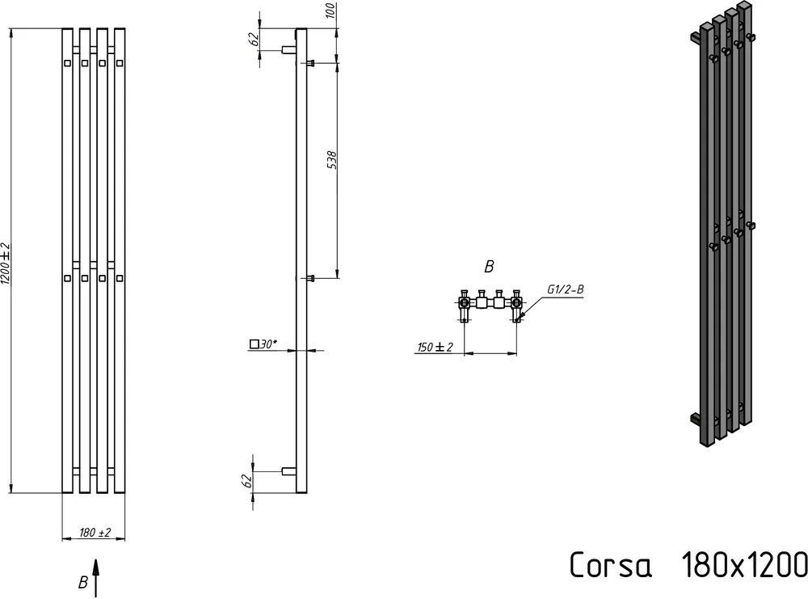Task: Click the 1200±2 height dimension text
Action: coord(5,263)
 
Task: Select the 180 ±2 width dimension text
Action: coord(95,532)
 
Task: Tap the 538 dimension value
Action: coord(332,160)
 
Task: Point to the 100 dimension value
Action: coord(331,10)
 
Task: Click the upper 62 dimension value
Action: coord(254,39)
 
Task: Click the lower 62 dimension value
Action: coord(246,480)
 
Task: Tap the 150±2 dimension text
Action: coord(435,347)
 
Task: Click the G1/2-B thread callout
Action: coord(566,289)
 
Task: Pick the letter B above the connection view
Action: coord(489,267)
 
